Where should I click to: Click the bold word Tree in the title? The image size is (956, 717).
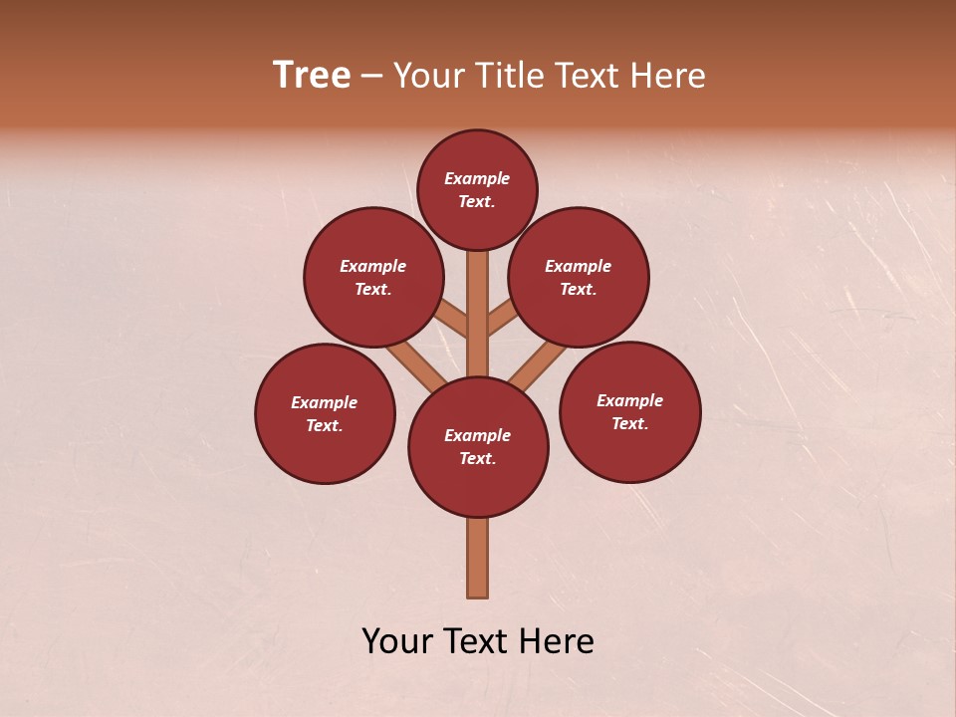click(312, 75)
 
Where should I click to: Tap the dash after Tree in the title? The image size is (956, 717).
click(371, 77)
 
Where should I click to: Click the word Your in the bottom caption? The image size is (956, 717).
click(396, 641)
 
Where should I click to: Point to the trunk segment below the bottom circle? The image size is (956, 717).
click(478, 558)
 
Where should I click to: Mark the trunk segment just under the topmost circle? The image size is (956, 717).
click(478, 299)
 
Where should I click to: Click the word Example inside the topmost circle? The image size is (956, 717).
click(477, 179)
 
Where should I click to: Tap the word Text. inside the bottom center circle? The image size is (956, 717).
click(477, 459)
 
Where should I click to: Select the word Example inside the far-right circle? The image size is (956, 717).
click(629, 400)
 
